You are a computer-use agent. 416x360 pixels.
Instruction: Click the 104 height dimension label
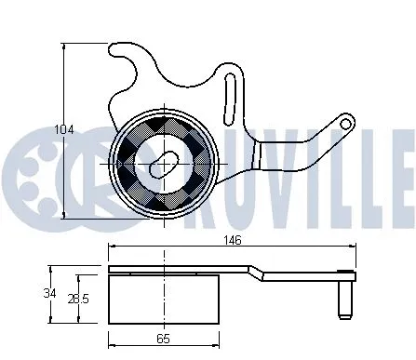coord(62,128)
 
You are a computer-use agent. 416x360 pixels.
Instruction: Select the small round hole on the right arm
coord(344,122)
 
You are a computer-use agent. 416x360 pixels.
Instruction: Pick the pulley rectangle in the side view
coord(164,299)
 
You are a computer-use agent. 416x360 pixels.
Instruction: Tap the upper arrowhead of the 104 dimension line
coord(63,43)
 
